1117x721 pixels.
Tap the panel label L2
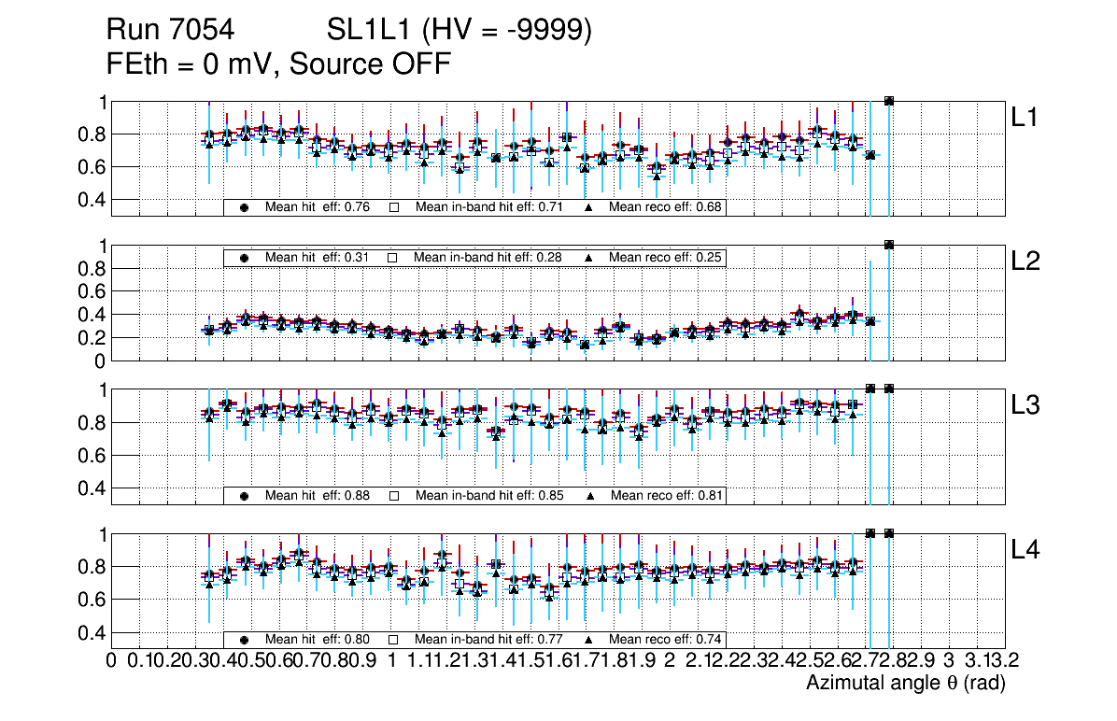(1026, 262)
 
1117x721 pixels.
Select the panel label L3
(1026, 405)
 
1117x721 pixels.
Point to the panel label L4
(1026, 550)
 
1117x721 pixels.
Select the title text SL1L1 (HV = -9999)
(460, 31)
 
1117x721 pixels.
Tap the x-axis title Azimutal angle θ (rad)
(905, 684)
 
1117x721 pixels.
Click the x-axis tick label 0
(112, 661)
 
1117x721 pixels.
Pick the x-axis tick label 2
(670, 661)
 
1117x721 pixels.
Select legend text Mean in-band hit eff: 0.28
(488, 257)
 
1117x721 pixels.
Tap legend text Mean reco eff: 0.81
(666, 495)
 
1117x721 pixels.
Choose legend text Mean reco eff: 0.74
(666, 640)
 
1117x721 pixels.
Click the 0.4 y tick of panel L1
(90, 200)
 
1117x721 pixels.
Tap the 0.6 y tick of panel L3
(90, 456)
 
